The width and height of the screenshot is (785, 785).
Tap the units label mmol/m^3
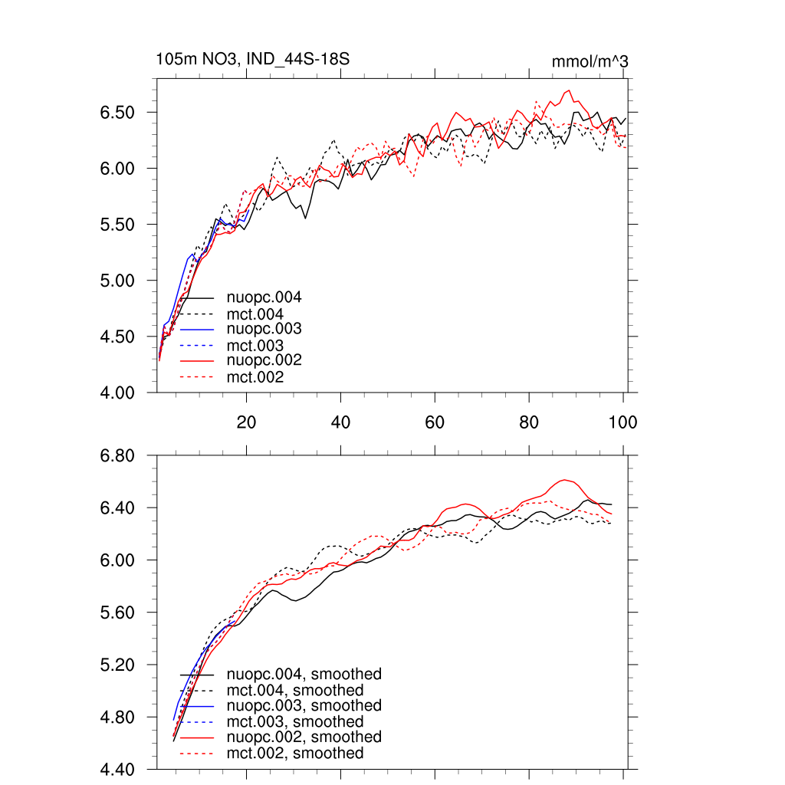[590, 61]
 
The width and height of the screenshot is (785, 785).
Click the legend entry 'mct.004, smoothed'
[295, 691]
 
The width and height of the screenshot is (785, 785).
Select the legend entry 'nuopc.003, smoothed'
[304, 705]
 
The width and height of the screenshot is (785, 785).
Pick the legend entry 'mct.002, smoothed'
[295, 754]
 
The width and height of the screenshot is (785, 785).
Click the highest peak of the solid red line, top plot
[569, 90]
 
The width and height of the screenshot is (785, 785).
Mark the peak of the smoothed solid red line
[566, 480]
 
